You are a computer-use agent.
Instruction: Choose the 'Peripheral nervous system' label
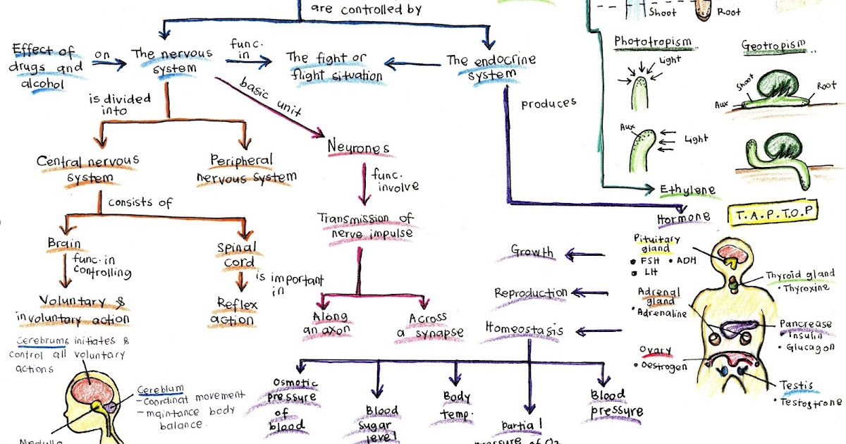[x=247, y=168]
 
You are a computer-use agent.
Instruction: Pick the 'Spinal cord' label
[x=237, y=255]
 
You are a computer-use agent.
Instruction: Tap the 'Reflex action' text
[x=235, y=312]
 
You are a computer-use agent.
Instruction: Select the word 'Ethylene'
[x=687, y=190]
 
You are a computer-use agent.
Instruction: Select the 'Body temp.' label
[x=456, y=404]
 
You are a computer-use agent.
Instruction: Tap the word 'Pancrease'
[x=805, y=324]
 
